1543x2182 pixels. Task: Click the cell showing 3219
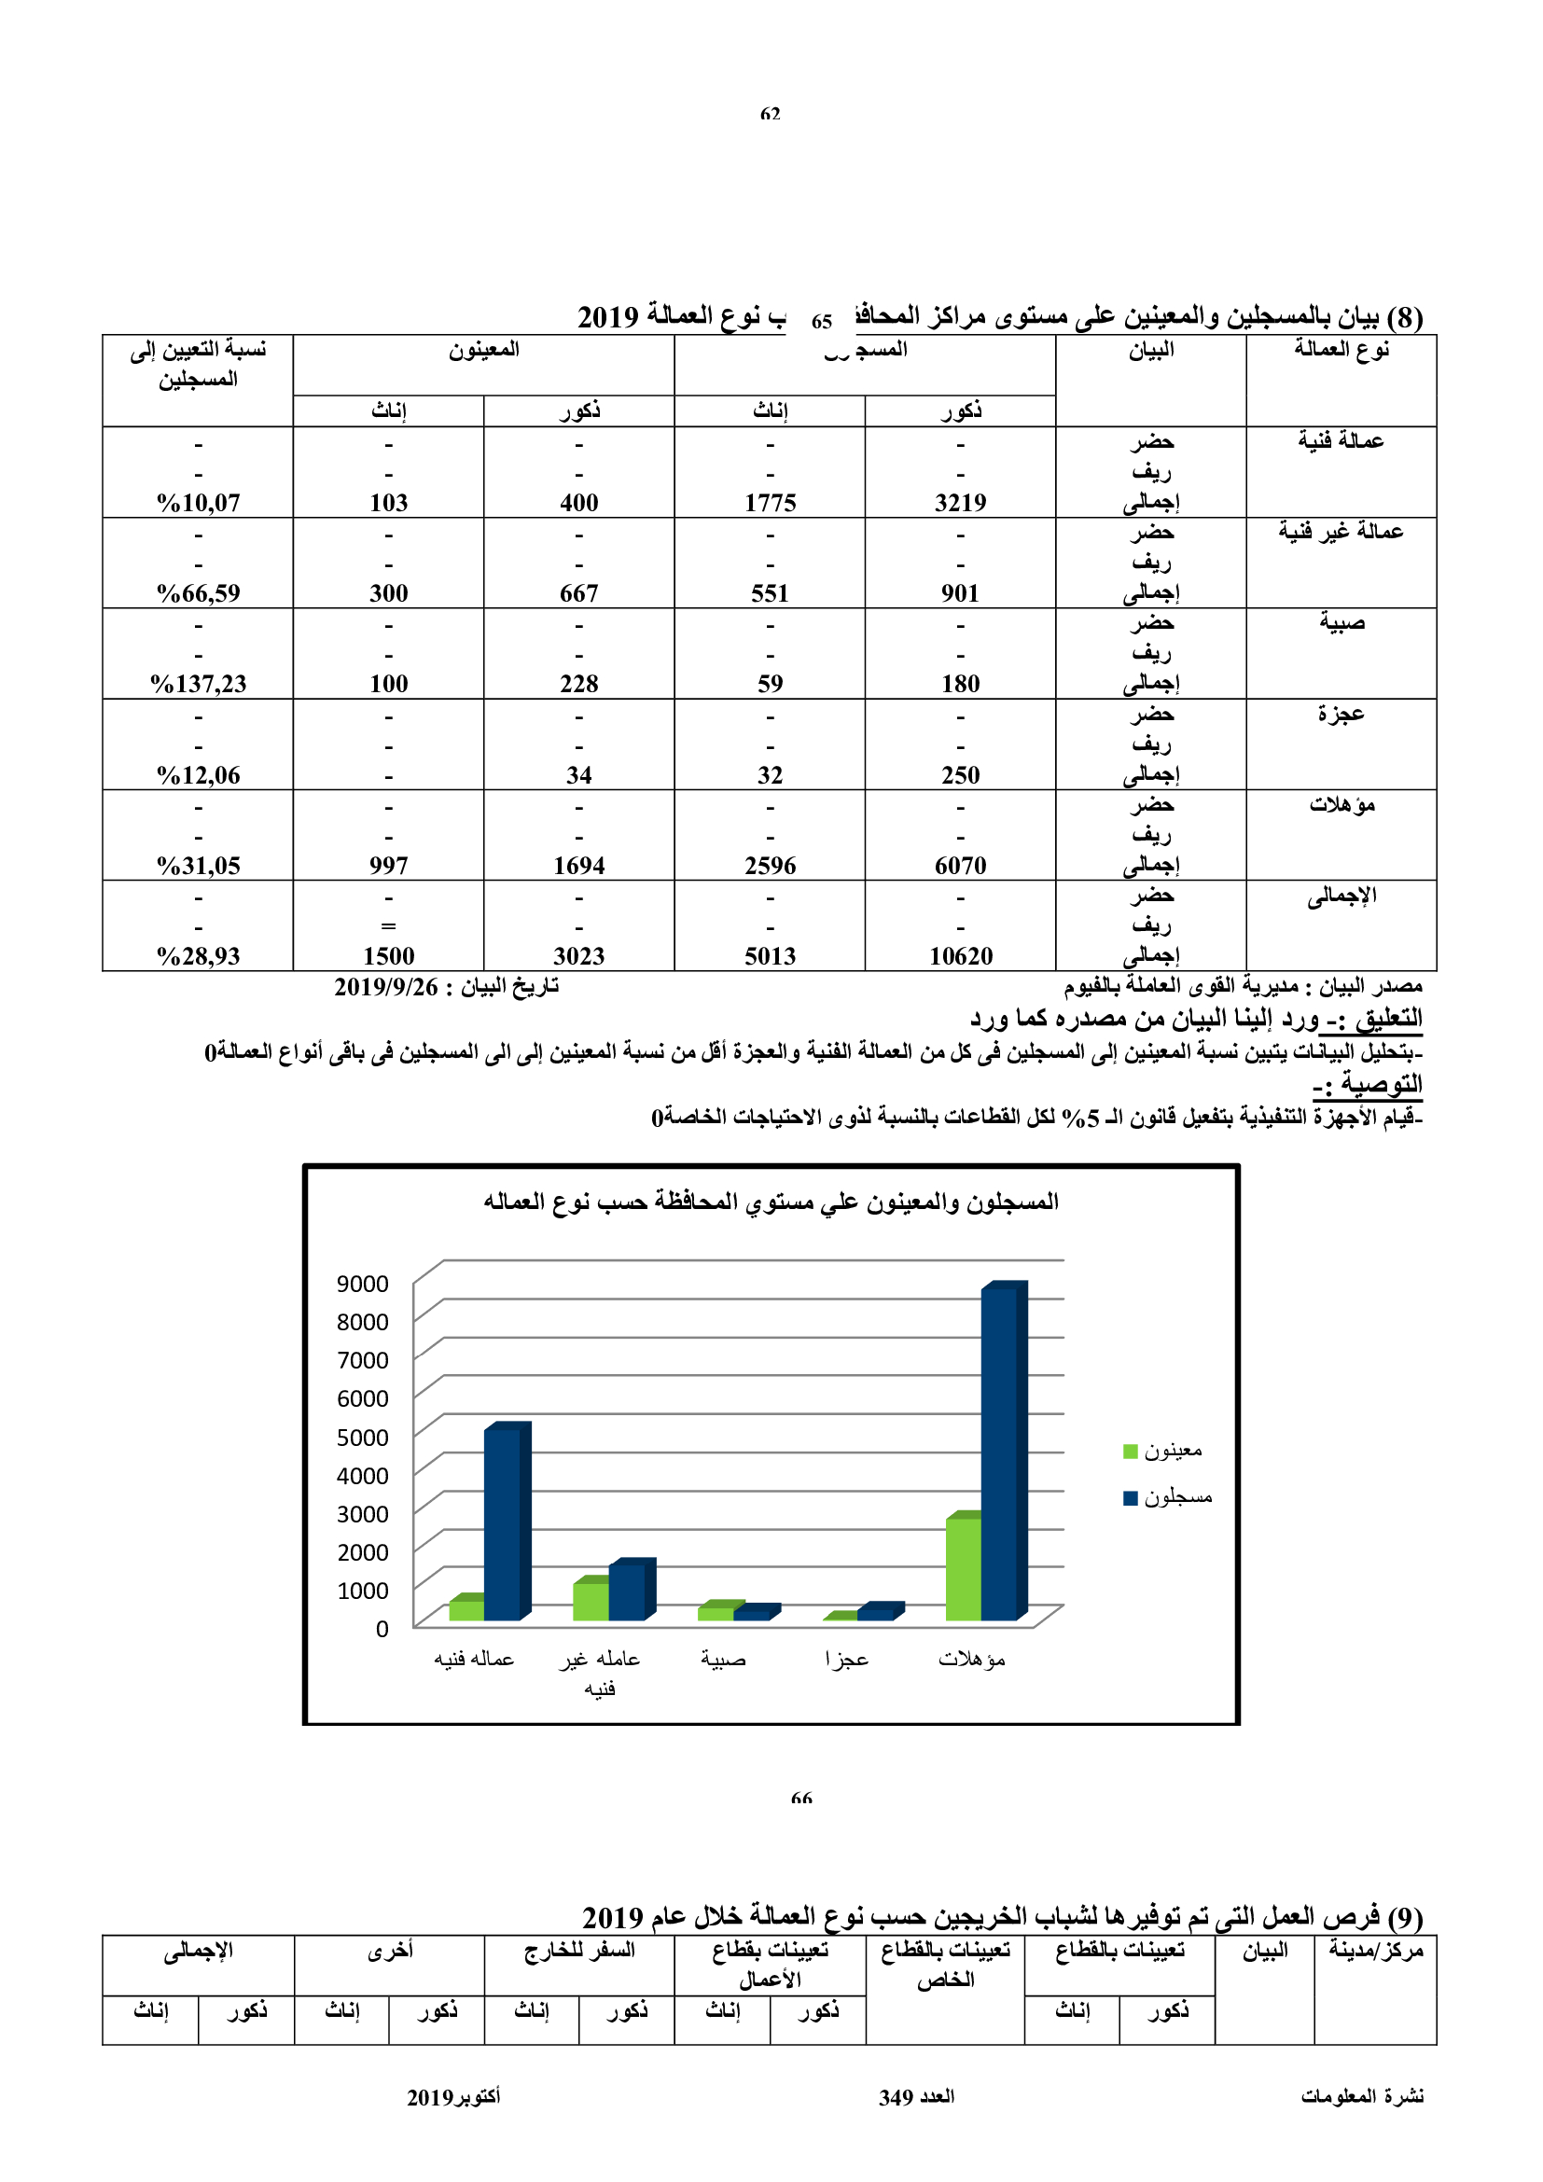pos(960,503)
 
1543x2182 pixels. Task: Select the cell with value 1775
pos(770,503)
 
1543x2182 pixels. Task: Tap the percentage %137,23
pos(198,684)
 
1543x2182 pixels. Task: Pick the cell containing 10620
pos(960,956)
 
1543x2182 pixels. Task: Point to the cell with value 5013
pos(770,956)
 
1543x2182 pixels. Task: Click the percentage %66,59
pos(198,594)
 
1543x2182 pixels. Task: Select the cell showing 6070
pos(960,866)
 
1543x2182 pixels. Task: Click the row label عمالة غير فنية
pos(1340,531)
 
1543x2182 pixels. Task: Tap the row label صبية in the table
pos(1341,622)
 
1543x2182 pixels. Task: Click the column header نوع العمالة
pos(1341,350)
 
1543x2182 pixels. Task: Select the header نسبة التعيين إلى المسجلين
pos(198,365)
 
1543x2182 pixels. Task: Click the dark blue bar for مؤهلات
pos(999,1454)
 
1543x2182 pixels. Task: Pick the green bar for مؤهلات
pos(963,1568)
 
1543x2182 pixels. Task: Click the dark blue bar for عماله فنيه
pos(503,1523)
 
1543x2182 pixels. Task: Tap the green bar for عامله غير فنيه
pos(590,1601)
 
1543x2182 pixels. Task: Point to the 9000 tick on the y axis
pos(362,1284)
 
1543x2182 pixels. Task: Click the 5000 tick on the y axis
pos(362,1438)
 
